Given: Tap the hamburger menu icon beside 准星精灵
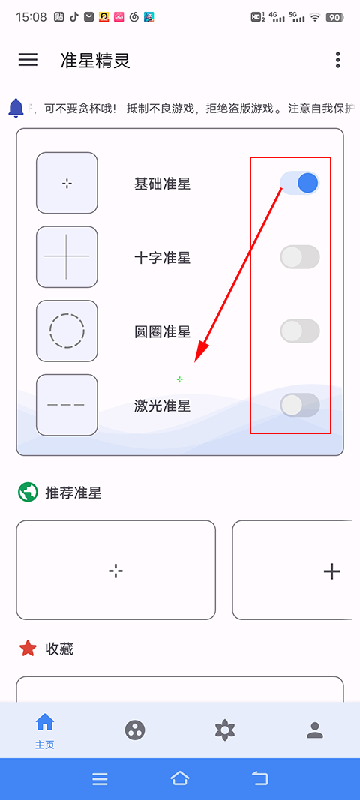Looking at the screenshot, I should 28,60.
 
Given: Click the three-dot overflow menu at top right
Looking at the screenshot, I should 338,60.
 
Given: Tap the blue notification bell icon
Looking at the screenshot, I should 16,108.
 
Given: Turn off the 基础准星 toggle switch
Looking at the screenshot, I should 300,183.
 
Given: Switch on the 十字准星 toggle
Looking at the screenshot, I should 300,257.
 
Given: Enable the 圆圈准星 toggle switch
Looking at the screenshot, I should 300,331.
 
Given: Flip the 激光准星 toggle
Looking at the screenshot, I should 300,405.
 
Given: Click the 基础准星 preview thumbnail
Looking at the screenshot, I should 67,183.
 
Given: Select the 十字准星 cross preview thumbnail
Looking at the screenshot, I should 67,256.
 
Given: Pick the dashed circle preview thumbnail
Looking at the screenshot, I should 67,331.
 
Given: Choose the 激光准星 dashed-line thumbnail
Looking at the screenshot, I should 67,405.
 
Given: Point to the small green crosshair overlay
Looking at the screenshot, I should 179,379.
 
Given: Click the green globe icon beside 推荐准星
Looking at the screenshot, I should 28,493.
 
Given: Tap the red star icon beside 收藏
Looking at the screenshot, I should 28,649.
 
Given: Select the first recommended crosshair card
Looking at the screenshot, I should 115,571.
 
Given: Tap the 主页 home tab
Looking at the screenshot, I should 45,730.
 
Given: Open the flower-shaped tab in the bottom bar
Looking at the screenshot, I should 224,730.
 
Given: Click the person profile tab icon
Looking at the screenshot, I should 315,730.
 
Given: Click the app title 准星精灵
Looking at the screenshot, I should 96,61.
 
